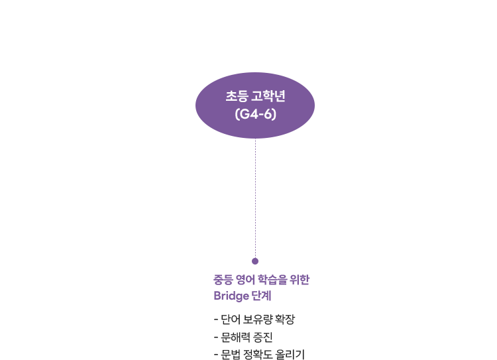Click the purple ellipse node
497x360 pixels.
coord(255,105)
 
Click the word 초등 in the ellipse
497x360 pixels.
coord(237,96)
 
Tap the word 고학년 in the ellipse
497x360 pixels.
coord(268,96)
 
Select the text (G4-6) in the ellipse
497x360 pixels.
coord(256,114)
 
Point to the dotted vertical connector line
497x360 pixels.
coord(256,198)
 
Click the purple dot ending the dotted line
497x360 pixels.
coord(255,261)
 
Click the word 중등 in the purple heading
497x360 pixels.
coord(223,279)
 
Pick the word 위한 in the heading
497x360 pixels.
coord(300,279)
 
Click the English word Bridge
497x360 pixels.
coord(231,296)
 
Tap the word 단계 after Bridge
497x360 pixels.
coord(262,296)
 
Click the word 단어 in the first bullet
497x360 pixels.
coord(231,319)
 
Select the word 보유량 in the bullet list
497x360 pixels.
coord(258,319)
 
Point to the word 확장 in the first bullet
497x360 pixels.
coord(285,319)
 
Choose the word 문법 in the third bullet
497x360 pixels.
coord(231,354)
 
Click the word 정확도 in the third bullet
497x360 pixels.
coord(258,354)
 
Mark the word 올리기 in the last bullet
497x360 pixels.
coord(290,354)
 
